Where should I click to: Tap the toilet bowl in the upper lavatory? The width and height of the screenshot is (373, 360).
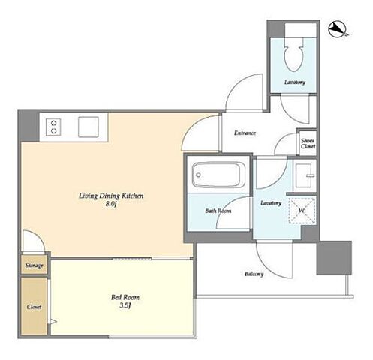294,55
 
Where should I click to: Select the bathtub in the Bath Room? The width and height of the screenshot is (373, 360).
218,175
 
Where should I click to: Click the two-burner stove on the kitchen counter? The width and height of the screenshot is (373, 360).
53,127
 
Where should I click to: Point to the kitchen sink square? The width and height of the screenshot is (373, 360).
88,127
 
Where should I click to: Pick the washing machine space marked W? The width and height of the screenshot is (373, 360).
302,211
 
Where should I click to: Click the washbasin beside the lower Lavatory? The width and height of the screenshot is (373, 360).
304,175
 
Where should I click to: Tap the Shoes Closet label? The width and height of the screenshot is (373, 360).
308,143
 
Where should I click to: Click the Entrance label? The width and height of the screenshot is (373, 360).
245,133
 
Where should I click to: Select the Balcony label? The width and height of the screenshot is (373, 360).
254,274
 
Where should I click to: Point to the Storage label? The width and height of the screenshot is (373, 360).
34,265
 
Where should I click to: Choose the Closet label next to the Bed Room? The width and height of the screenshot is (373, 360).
34,307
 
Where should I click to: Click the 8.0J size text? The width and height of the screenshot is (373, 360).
111,204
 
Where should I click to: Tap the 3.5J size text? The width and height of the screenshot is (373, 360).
125,305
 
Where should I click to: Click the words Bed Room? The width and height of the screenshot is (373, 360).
125,297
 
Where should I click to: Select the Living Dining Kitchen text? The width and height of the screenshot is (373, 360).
111,196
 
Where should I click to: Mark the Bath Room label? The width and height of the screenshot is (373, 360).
218,211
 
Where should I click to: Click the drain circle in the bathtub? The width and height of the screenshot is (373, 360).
198,175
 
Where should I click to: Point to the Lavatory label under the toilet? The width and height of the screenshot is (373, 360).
295,82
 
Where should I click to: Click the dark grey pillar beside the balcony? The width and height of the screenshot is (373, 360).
334,258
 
